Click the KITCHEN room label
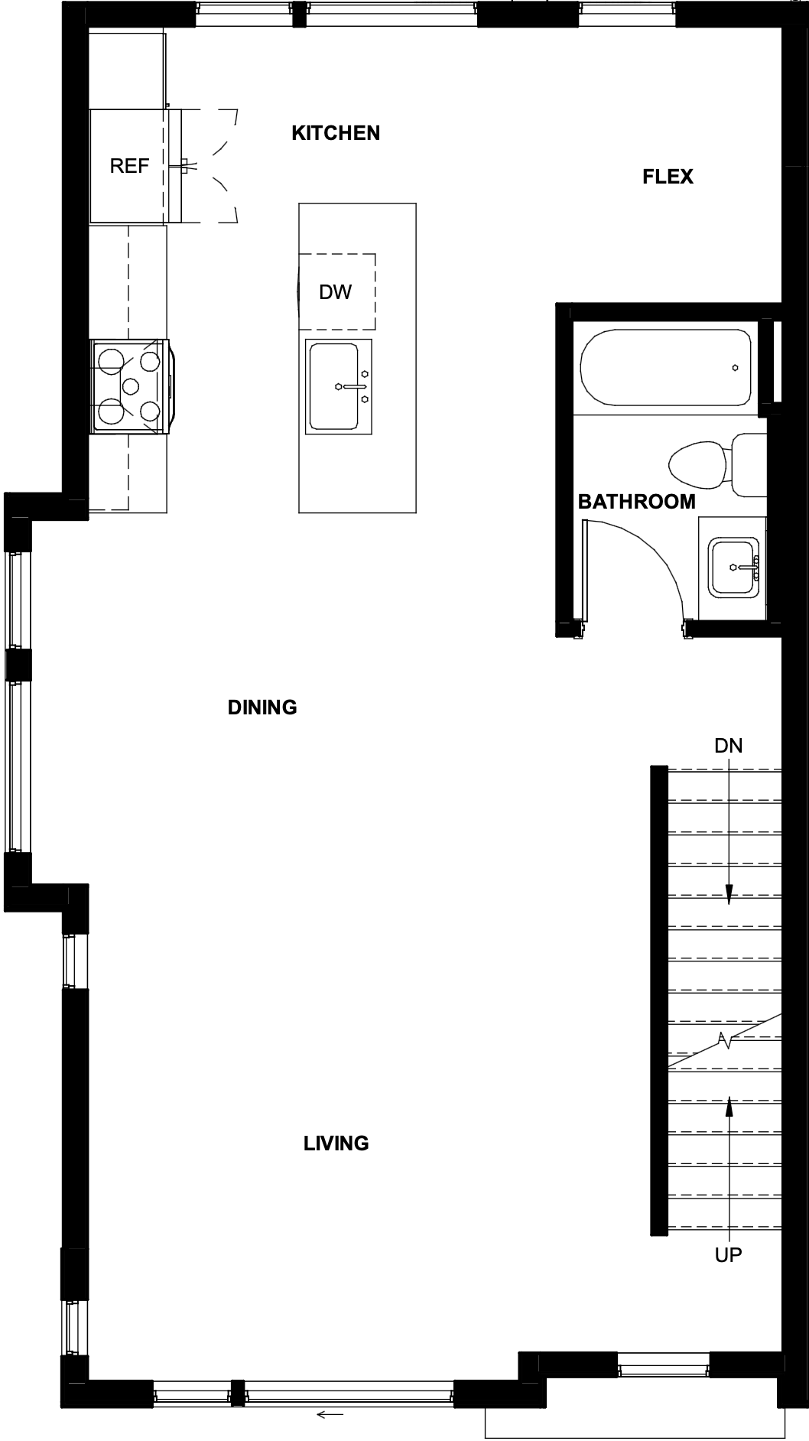(336, 133)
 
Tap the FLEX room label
(668, 177)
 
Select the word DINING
(262, 707)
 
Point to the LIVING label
(336, 1143)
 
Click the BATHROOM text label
(636, 502)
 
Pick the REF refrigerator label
(129, 166)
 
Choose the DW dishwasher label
(335, 291)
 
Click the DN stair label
(728, 745)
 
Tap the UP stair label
(728, 1254)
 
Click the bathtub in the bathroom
(665, 368)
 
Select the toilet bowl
(697, 464)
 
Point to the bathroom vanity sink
(734, 568)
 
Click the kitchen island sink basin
(333, 385)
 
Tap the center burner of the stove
(131, 385)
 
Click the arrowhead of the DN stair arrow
(729, 895)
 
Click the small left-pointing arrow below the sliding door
(330, 1414)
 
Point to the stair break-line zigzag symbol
(724, 1039)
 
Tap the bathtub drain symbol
(735, 368)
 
